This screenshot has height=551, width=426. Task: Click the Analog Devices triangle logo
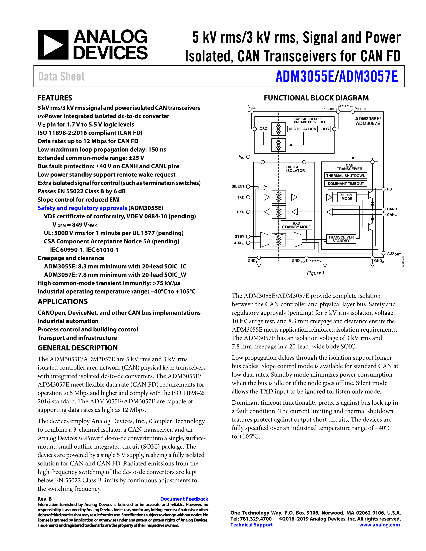(x=53, y=45)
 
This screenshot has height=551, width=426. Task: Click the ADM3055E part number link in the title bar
(x=305, y=76)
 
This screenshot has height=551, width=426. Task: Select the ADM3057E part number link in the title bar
(x=369, y=76)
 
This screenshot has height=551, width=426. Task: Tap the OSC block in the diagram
(x=263, y=129)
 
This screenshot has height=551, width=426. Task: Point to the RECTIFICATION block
(x=302, y=129)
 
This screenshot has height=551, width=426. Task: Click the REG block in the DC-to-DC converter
(x=325, y=129)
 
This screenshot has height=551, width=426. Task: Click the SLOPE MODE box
(x=347, y=197)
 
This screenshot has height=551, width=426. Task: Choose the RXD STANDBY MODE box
(x=296, y=225)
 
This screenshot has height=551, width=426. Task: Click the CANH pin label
(x=392, y=209)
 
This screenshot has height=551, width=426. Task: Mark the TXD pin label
(x=241, y=197)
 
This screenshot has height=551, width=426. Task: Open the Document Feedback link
(x=184, y=499)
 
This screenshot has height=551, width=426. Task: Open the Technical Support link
(x=251, y=525)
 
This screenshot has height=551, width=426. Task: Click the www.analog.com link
(x=379, y=525)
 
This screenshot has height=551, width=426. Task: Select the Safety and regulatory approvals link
(x=82, y=208)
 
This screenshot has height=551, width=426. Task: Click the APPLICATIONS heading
(x=63, y=302)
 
